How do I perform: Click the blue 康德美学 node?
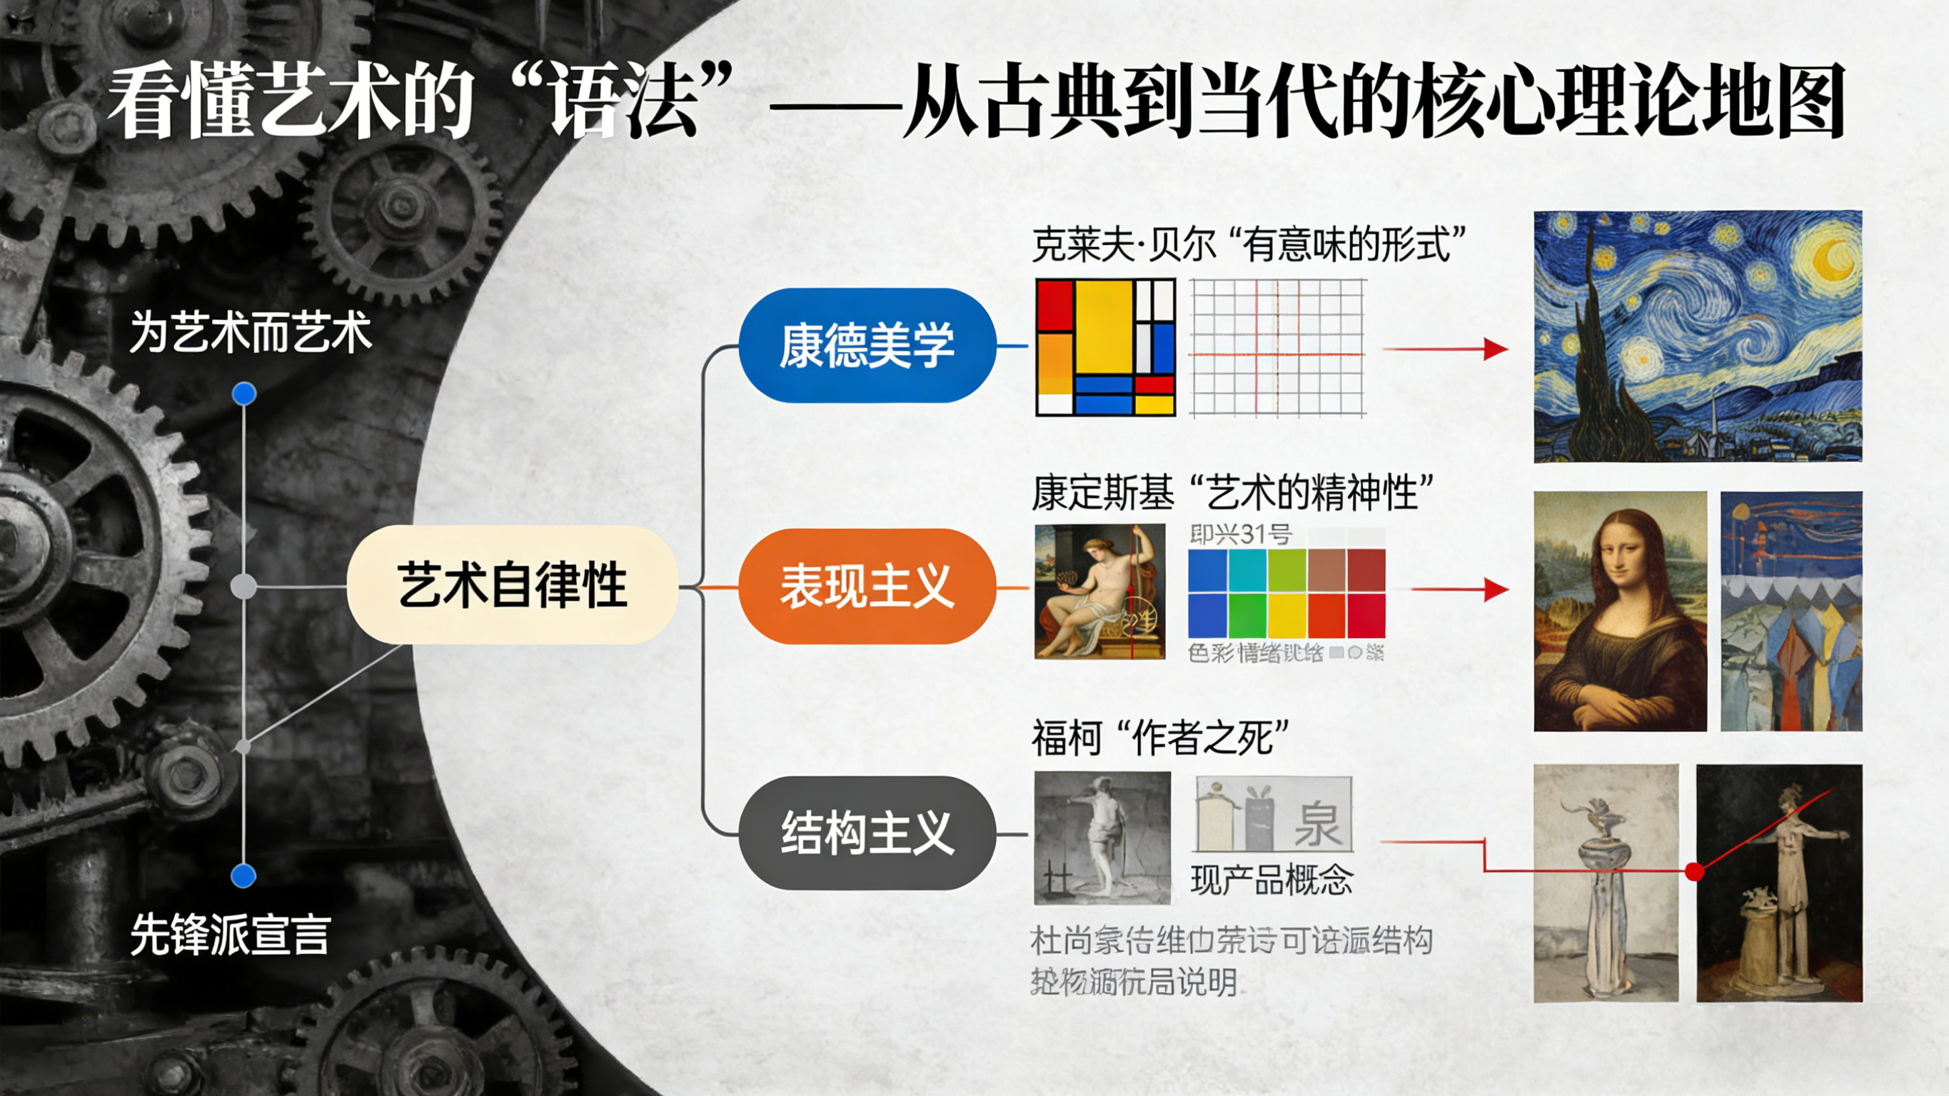click(867, 345)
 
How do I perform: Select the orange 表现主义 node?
click(867, 587)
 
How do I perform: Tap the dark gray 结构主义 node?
click(867, 833)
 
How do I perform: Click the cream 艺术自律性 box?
click(512, 585)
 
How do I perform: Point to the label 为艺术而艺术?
click(251, 332)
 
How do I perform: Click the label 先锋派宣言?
click(230, 935)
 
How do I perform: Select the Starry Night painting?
click(1697, 337)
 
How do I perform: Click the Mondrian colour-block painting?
click(1105, 348)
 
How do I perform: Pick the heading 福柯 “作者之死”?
click(1160, 738)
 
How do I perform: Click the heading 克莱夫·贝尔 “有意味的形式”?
click(1249, 244)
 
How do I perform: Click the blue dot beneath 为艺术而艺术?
click(243, 393)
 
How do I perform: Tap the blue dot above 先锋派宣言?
click(243, 876)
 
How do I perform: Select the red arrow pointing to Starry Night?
click(1445, 349)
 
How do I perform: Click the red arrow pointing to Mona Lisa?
click(1460, 590)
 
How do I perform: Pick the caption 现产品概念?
click(1271, 880)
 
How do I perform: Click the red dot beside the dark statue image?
click(1695, 872)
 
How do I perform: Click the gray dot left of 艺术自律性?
click(243, 587)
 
